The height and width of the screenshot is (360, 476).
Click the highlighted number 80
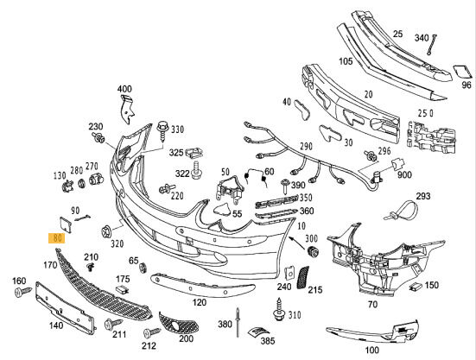[57, 238]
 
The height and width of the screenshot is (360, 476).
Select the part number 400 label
[124, 89]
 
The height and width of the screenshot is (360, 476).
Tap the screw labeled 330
[163, 131]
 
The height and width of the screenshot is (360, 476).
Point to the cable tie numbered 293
[402, 210]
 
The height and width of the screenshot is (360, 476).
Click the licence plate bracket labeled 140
[65, 308]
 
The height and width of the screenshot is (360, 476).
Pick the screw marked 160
[23, 292]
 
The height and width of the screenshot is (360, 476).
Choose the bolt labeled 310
[279, 309]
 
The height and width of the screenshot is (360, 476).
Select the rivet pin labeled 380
[238, 322]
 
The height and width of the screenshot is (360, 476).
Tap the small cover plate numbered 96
[463, 73]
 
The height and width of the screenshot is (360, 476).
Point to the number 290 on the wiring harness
[306, 147]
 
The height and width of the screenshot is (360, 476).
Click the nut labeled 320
[106, 231]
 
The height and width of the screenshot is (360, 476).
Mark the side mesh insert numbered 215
[302, 277]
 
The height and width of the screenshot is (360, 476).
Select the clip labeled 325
[194, 152]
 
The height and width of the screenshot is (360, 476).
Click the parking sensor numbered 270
[96, 180]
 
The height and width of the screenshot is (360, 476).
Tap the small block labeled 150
[415, 287]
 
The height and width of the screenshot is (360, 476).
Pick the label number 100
[371, 351]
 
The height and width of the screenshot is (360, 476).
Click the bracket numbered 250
[431, 136]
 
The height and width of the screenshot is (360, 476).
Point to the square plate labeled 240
[290, 273]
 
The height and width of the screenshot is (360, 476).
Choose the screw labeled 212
[151, 332]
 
